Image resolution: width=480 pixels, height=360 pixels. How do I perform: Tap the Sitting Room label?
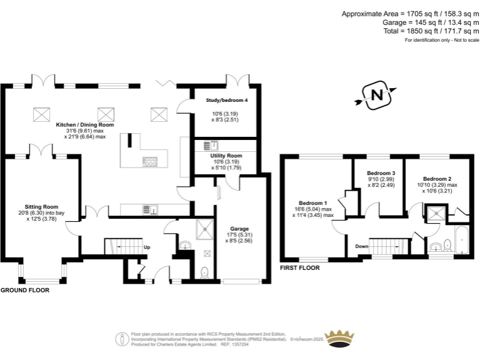[x=41, y=206]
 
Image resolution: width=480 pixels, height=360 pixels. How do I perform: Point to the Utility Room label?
[x=226, y=155]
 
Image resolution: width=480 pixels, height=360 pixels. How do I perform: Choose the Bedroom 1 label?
[x=313, y=203]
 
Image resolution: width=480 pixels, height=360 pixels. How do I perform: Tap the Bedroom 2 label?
[x=437, y=179]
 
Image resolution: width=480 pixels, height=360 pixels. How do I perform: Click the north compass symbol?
[x=376, y=96]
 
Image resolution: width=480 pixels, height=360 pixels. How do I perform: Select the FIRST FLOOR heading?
[x=299, y=267]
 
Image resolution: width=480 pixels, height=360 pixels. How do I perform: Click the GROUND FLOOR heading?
[x=24, y=291]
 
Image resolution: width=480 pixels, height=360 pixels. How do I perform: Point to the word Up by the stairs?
[x=147, y=247]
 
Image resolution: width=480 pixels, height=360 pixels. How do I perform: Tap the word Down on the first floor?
[x=361, y=246]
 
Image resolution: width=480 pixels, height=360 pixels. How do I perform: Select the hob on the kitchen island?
[x=151, y=161]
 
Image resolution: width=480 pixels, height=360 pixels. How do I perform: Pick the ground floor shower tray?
[x=204, y=230]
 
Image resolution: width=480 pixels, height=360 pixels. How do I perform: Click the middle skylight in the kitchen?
[x=106, y=114]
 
